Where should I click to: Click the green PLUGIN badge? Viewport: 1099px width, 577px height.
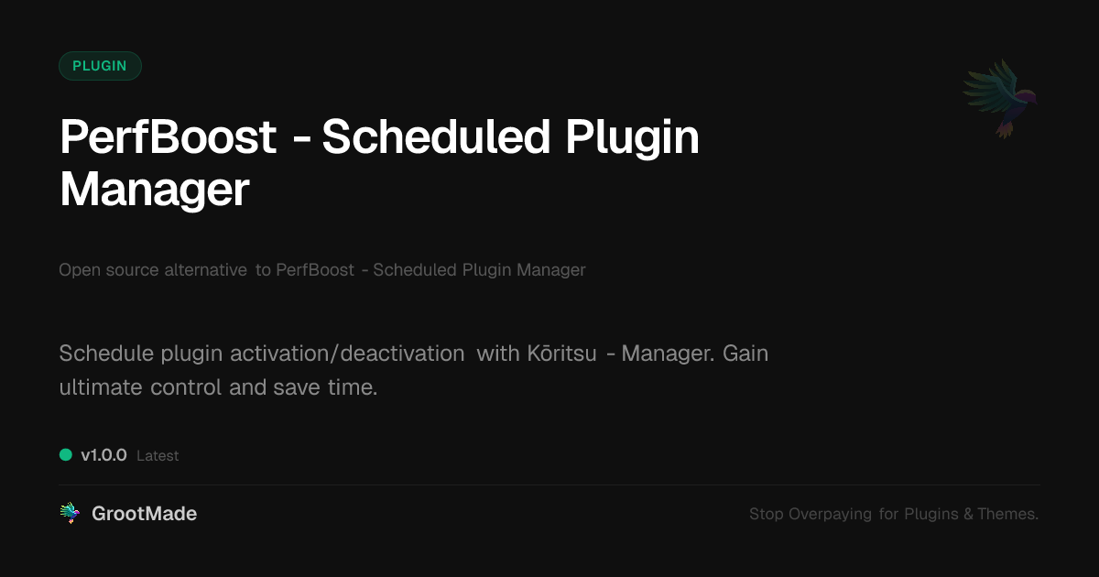(x=100, y=66)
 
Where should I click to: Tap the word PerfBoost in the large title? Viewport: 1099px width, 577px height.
(x=169, y=136)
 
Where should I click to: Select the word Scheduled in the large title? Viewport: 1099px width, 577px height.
(x=436, y=136)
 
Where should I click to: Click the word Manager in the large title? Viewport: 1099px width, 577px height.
(x=155, y=190)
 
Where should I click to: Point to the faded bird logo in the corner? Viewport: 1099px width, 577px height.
(x=1000, y=99)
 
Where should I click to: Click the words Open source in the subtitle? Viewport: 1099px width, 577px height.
(x=109, y=270)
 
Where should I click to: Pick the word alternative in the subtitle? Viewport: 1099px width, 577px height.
(x=205, y=270)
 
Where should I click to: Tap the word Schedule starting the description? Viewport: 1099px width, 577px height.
(x=106, y=354)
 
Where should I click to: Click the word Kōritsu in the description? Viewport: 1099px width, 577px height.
(x=561, y=354)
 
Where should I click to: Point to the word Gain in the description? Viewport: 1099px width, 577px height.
(x=745, y=354)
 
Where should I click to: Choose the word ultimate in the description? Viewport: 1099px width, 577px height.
(x=101, y=387)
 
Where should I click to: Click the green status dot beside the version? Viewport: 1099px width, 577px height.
(x=66, y=455)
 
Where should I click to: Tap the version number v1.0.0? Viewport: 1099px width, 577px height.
(x=104, y=455)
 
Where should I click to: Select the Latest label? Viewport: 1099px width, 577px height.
(x=158, y=456)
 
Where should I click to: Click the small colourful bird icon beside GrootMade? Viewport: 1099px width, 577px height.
(x=71, y=513)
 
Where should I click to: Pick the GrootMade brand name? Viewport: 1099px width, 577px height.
(x=145, y=514)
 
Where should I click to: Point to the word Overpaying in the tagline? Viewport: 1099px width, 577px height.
(x=830, y=514)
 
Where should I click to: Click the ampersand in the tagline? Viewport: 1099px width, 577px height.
(x=968, y=514)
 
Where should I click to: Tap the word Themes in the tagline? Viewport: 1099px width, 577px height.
(x=1007, y=514)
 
